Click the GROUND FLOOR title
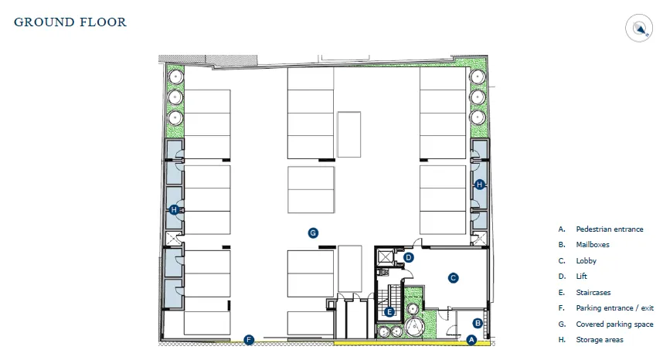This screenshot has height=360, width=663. point(70,22)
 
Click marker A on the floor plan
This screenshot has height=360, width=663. point(472,338)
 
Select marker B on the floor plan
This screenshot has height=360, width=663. point(478,323)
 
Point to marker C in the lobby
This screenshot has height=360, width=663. point(454,277)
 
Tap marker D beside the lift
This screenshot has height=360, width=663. point(410,257)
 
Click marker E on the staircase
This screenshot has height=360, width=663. point(389,312)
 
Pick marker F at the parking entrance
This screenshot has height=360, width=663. point(249,339)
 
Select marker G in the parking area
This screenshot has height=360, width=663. point(313,232)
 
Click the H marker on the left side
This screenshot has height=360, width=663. point(174,210)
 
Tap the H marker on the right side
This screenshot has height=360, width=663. point(480,184)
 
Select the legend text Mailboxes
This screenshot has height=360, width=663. point(593,245)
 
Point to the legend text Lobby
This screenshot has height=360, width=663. point(586,261)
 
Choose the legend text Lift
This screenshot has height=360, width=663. point(581,277)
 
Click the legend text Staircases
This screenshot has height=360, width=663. point(593,293)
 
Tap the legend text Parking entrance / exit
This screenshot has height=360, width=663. point(614,308)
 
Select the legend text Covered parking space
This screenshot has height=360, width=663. point(614,324)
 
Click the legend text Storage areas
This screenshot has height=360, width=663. point(600,340)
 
